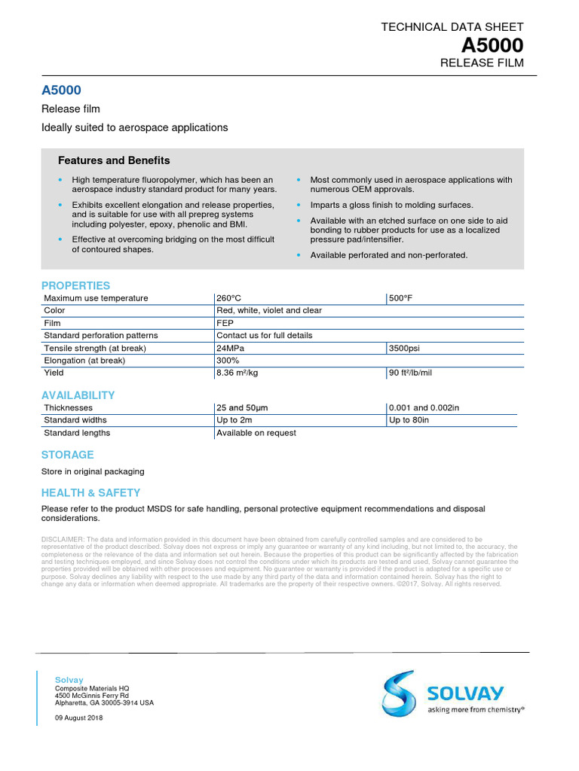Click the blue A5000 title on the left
(x=61, y=90)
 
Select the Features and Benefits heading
(x=114, y=160)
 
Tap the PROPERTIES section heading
(x=75, y=285)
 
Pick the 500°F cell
(x=400, y=298)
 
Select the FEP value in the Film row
(x=225, y=323)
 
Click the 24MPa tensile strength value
(x=230, y=348)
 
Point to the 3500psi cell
(x=404, y=348)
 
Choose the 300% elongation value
(x=228, y=360)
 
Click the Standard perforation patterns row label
(x=101, y=335)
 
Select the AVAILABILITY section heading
(x=78, y=395)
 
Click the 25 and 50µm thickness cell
(x=242, y=407)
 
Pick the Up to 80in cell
(x=409, y=420)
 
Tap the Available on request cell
(x=256, y=433)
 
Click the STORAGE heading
(x=67, y=455)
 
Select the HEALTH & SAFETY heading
(x=90, y=492)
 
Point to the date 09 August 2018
(x=78, y=718)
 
